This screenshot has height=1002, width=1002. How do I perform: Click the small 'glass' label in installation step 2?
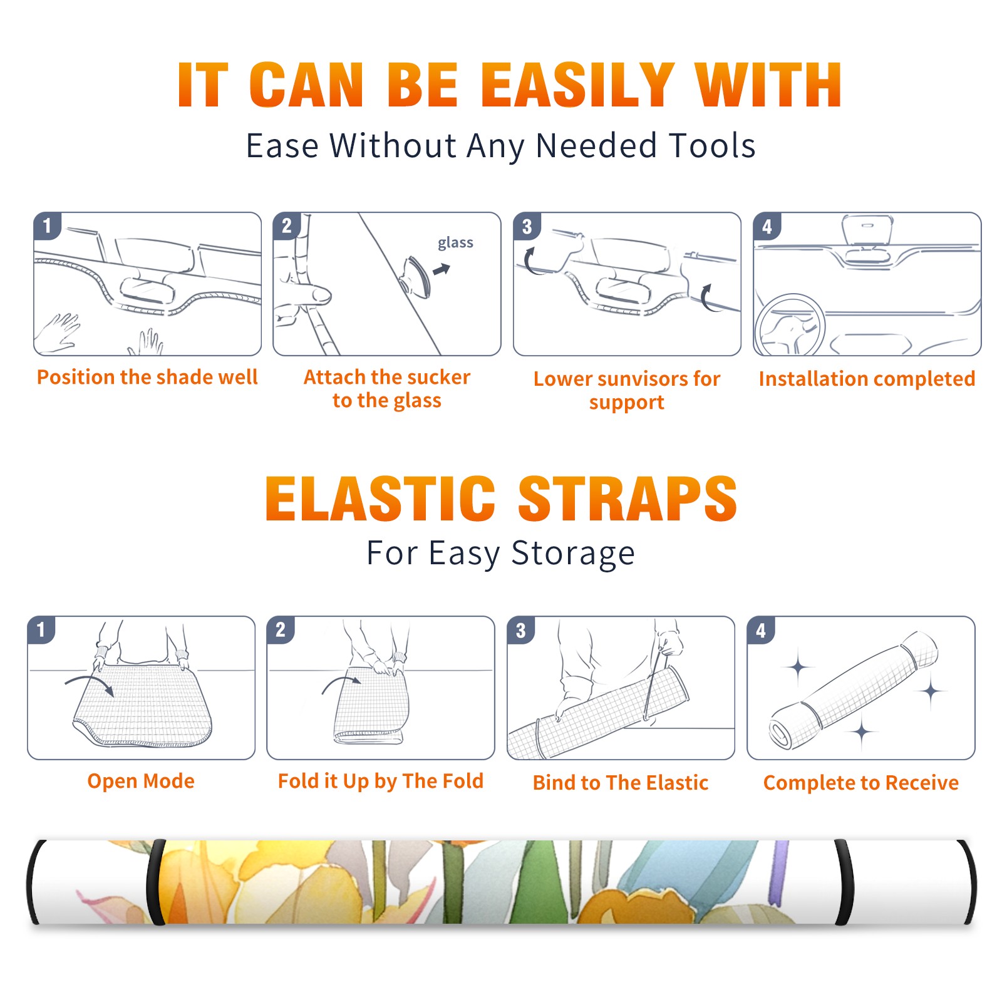point(455,243)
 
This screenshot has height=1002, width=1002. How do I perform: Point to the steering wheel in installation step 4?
point(790,326)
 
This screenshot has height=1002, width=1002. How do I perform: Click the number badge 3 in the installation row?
point(527,226)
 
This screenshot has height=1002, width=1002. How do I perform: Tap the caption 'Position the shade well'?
point(147,377)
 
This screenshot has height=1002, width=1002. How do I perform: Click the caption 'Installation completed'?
point(867,378)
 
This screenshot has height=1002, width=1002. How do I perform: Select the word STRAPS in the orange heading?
point(628,498)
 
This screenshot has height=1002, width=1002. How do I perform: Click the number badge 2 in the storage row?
point(281,630)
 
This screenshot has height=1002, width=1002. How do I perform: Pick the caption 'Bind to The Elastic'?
point(620,782)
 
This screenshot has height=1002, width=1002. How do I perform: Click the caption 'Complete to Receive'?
point(860,782)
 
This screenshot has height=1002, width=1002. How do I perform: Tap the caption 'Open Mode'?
point(141,781)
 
